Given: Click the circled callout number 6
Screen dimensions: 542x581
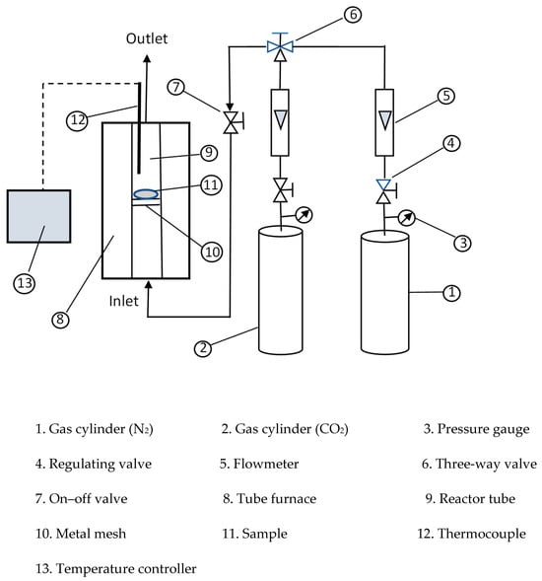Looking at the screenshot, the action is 353,15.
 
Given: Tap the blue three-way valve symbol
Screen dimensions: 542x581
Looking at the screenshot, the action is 280,46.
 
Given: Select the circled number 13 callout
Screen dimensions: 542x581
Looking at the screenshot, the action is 25,283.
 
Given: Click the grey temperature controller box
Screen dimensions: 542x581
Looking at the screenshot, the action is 38,216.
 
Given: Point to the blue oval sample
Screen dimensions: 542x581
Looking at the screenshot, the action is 146,193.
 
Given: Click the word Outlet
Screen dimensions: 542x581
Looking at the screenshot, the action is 147,38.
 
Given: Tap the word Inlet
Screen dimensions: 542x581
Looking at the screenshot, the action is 123,301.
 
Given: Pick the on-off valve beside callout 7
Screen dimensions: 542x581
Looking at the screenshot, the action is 233,122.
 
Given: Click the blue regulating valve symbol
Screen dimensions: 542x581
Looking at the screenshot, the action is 386,191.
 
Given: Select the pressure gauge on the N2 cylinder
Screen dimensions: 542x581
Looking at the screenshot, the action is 406,218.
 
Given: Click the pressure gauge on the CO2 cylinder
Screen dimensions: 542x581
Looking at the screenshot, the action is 304,215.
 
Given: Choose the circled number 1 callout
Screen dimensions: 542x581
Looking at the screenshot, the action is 451,293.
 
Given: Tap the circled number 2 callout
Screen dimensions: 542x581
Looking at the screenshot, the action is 203,348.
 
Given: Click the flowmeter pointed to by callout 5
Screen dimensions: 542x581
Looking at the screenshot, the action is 384,122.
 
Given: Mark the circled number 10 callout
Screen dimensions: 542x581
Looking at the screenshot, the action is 212,252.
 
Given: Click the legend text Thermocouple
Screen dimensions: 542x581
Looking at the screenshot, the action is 482,534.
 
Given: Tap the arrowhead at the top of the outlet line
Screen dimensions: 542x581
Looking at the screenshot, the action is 148,58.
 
